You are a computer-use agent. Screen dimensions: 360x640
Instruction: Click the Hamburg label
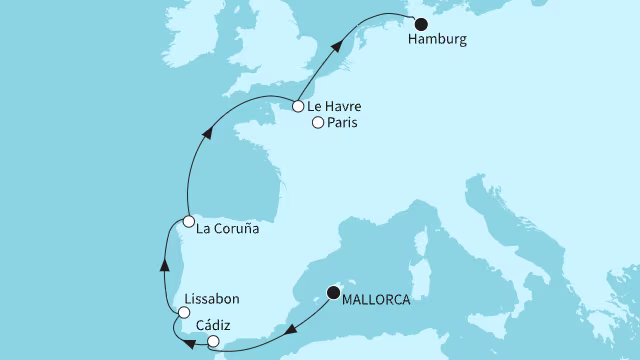coord(437,43)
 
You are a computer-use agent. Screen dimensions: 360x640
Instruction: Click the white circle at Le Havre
coord(299,105)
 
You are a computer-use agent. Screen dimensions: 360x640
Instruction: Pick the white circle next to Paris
coord(318,124)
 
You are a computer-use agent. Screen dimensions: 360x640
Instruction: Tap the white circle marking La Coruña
coord(188,221)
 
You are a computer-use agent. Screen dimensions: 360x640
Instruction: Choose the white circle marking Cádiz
coord(213,342)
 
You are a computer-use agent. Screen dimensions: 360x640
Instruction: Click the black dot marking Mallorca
coord(334,293)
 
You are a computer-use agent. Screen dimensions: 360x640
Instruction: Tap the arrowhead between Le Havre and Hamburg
coord(344,42)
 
